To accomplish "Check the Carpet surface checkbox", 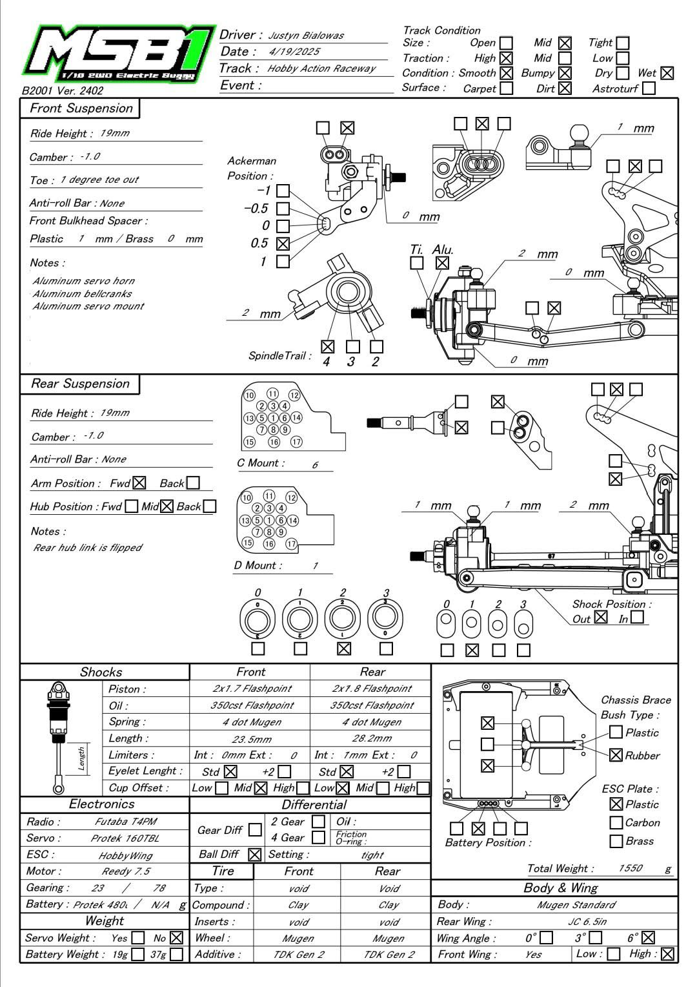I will point(507,88).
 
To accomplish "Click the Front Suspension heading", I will point(81,109).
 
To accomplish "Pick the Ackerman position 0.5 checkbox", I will point(283,244).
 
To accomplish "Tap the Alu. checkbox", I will point(442,263).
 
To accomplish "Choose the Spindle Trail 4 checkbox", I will point(327,347).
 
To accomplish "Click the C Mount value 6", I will point(315,465).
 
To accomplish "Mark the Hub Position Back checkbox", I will point(209,506).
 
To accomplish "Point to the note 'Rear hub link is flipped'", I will point(88,548).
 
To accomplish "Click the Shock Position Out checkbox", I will point(601,618).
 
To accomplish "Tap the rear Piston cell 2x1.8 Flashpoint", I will point(372,689).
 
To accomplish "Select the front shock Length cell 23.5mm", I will point(251,739).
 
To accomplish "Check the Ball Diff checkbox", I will point(255,855).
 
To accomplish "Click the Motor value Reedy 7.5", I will point(126,871).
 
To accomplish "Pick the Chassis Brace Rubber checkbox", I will point(616,754).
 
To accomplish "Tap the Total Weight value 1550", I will point(630,868).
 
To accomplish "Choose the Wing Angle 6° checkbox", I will point(649,937).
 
